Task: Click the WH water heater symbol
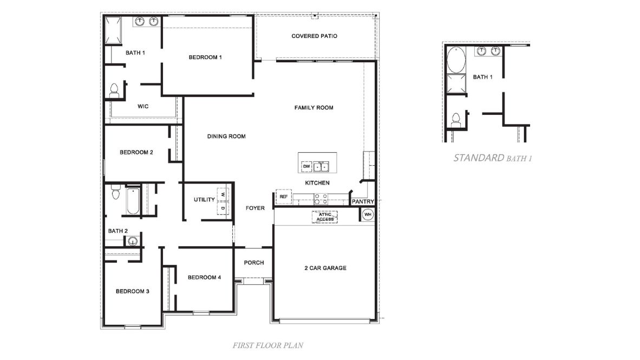click(368, 215)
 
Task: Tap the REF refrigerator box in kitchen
click(283, 197)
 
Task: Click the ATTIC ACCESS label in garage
click(325, 217)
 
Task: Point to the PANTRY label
click(363, 202)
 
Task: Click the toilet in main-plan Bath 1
click(114, 91)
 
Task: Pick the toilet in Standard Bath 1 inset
click(456, 119)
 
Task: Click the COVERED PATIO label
click(314, 36)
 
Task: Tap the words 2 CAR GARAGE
click(325, 268)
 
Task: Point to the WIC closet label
click(143, 107)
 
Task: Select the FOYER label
click(255, 208)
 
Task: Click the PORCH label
click(254, 263)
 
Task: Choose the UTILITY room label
click(204, 200)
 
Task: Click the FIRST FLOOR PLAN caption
click(264, 345)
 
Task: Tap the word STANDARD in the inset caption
click(479, 158)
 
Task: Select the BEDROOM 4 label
click(204, 278)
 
